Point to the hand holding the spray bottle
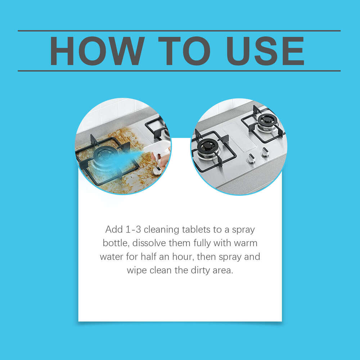pyautogui.click(x=163, y=161)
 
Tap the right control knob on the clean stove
pyautogui.click(x=265, y=152)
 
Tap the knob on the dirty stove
pyautogui.click(x=157, y=171)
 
